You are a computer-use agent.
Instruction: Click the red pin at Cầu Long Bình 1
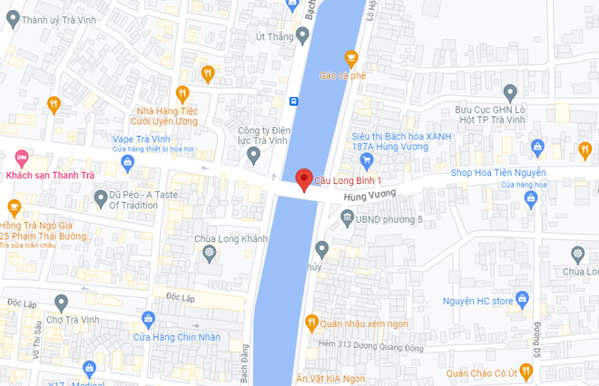[304, 179]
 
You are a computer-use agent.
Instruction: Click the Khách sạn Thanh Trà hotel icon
[20, 156]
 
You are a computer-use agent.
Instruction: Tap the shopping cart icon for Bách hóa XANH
[367, 161]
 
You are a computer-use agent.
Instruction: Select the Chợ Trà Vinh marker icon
[61, 302]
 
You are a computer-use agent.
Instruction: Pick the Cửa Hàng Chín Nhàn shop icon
[148, 318]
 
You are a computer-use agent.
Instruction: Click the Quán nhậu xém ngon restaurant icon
[311, 322]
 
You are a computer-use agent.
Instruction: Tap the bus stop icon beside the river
[293, 101]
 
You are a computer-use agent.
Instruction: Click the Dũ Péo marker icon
[101, 198]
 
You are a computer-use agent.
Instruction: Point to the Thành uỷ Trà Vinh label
[55, 20]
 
